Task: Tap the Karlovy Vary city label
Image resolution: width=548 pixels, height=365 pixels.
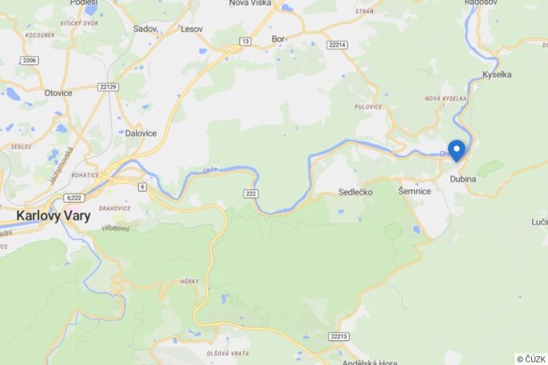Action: pos(54,216)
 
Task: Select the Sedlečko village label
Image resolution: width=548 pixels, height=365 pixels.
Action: pos(355,192)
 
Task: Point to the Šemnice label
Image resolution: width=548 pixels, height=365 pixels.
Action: pos(415,192)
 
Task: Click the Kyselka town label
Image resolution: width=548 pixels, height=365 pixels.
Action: pos(498,74)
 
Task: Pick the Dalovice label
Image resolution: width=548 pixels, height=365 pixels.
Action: pos(141,133)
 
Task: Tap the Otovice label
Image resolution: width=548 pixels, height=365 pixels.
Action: pos(58,93)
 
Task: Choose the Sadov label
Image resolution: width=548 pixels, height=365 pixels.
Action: pos(145,29)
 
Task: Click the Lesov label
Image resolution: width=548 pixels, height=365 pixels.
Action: pos(192,29)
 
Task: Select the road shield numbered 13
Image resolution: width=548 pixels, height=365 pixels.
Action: pos(245,41)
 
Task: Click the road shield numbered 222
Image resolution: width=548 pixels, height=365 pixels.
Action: pos(250,194)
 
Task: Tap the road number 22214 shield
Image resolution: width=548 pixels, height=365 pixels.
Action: pos(337,46)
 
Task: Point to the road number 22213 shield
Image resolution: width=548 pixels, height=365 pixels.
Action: pos(340,337)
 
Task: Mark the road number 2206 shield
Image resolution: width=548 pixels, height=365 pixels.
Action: pos(30,60)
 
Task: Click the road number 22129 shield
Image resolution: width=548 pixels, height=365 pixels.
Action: pos(108,86)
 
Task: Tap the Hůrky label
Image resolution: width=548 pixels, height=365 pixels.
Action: pos(189,281)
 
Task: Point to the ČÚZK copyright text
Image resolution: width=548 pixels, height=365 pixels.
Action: pos(530,359)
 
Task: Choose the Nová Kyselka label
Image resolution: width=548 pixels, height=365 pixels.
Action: pos(446,98)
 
